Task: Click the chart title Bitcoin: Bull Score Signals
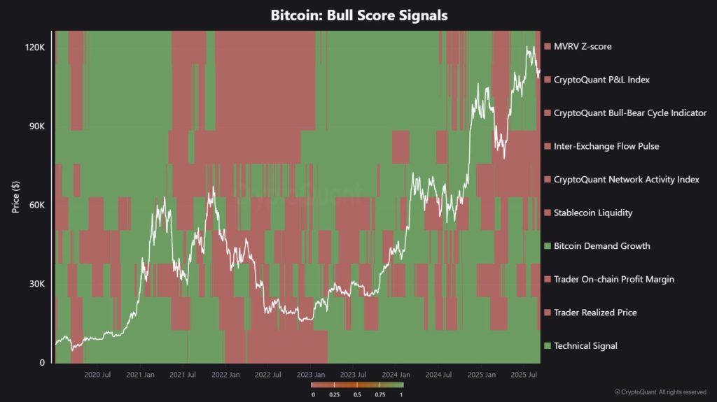(x=358, y=15)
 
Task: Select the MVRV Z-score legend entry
(x=582, y=47)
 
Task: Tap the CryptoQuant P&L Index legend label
(x=601, y=80)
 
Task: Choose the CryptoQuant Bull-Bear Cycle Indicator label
(x=629, y=113)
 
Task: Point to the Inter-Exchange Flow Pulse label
(x=606, y=146)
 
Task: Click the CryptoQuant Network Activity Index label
(x=626, y=180)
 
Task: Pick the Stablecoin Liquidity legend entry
(x=592, y=213)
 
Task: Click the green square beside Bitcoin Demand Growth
(x=548, y=246)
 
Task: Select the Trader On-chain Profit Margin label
(x=613, y=279)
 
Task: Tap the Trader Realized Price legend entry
(x=594, y=313)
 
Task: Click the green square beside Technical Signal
(x=548, y=345)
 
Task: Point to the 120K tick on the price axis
(x=35, y=48)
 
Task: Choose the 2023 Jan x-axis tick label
(x=311, y=375)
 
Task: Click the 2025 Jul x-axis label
(x=523, y=375)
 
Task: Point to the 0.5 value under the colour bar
(x=357, y=395)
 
